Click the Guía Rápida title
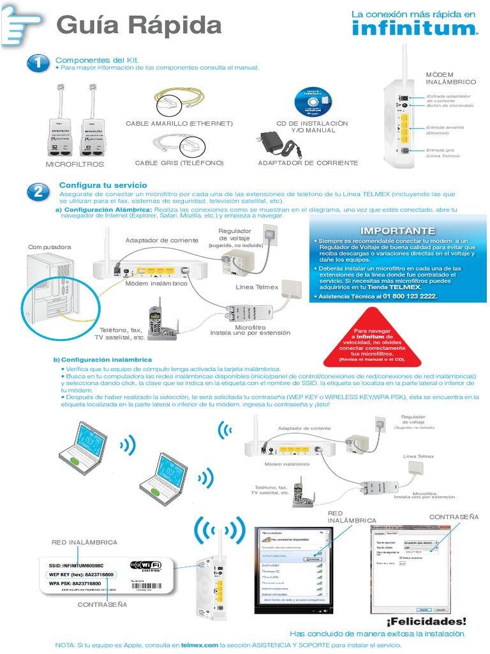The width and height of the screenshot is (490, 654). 139,26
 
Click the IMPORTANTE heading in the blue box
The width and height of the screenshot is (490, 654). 389,231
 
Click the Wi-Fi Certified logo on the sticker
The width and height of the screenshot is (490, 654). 145,567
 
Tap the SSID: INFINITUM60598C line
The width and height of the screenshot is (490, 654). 76,565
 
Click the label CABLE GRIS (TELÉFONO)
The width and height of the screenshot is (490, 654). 179,163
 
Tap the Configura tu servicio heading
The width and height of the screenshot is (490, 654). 94,185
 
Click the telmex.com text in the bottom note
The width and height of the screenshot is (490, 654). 199,646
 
